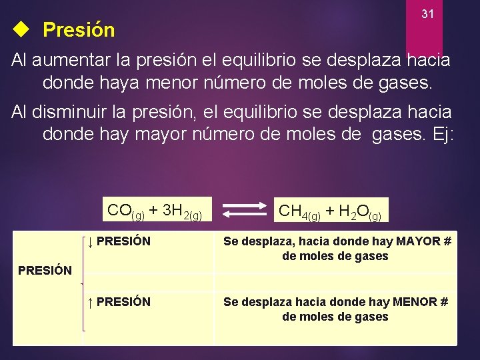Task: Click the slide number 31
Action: click(429, 14)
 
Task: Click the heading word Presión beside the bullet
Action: click(79, 30)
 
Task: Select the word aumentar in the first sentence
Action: click(72, 60)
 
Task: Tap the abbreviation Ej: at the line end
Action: click(441, 134)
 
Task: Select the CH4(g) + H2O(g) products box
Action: click(330, 211)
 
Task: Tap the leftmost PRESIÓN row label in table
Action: click(45, 271)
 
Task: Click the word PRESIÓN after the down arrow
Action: click(123, 241)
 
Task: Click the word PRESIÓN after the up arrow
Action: click(123, 302)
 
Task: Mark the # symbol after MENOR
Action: click(444, 302)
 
